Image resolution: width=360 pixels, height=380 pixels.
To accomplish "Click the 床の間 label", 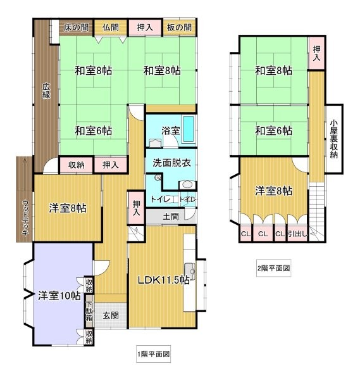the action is [x=77, y=27].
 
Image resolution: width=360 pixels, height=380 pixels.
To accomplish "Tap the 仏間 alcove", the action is [x=111, y=28].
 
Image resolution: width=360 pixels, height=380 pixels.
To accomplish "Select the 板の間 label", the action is [x=179, y=27].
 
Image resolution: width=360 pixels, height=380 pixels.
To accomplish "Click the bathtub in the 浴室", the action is [x=189, y=129].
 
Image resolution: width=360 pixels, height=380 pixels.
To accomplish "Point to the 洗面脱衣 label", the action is [x=171, y=163].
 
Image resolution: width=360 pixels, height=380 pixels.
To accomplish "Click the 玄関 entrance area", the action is [x=111, y=315].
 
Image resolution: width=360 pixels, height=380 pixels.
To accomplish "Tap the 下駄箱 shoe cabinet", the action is [x=89, y=311].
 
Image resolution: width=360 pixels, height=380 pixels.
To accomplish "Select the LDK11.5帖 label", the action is [x=164, y=280].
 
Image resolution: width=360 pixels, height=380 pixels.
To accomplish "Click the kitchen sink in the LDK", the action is [x=190, y=271].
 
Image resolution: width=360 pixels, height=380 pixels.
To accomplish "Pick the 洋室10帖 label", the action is [x=59, y=296].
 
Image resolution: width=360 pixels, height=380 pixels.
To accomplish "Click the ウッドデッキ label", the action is [x=25, y=217].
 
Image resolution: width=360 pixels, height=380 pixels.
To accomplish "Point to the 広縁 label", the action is [x=46, y=91].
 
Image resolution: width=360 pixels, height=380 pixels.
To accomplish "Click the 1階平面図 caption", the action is [x=153, y=354].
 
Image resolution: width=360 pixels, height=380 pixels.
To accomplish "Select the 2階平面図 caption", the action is [x=273, y=268].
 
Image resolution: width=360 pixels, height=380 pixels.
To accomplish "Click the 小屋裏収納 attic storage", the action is [x=334, y=139].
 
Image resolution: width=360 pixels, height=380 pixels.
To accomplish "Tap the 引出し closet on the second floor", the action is [x=297, y=234].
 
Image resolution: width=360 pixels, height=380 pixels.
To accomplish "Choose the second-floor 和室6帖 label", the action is [x=273, y=131].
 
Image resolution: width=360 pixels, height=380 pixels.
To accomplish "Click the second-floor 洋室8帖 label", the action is [x=273, y=191].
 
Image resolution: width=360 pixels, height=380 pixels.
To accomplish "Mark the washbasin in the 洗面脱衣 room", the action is [x=187, y=185].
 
